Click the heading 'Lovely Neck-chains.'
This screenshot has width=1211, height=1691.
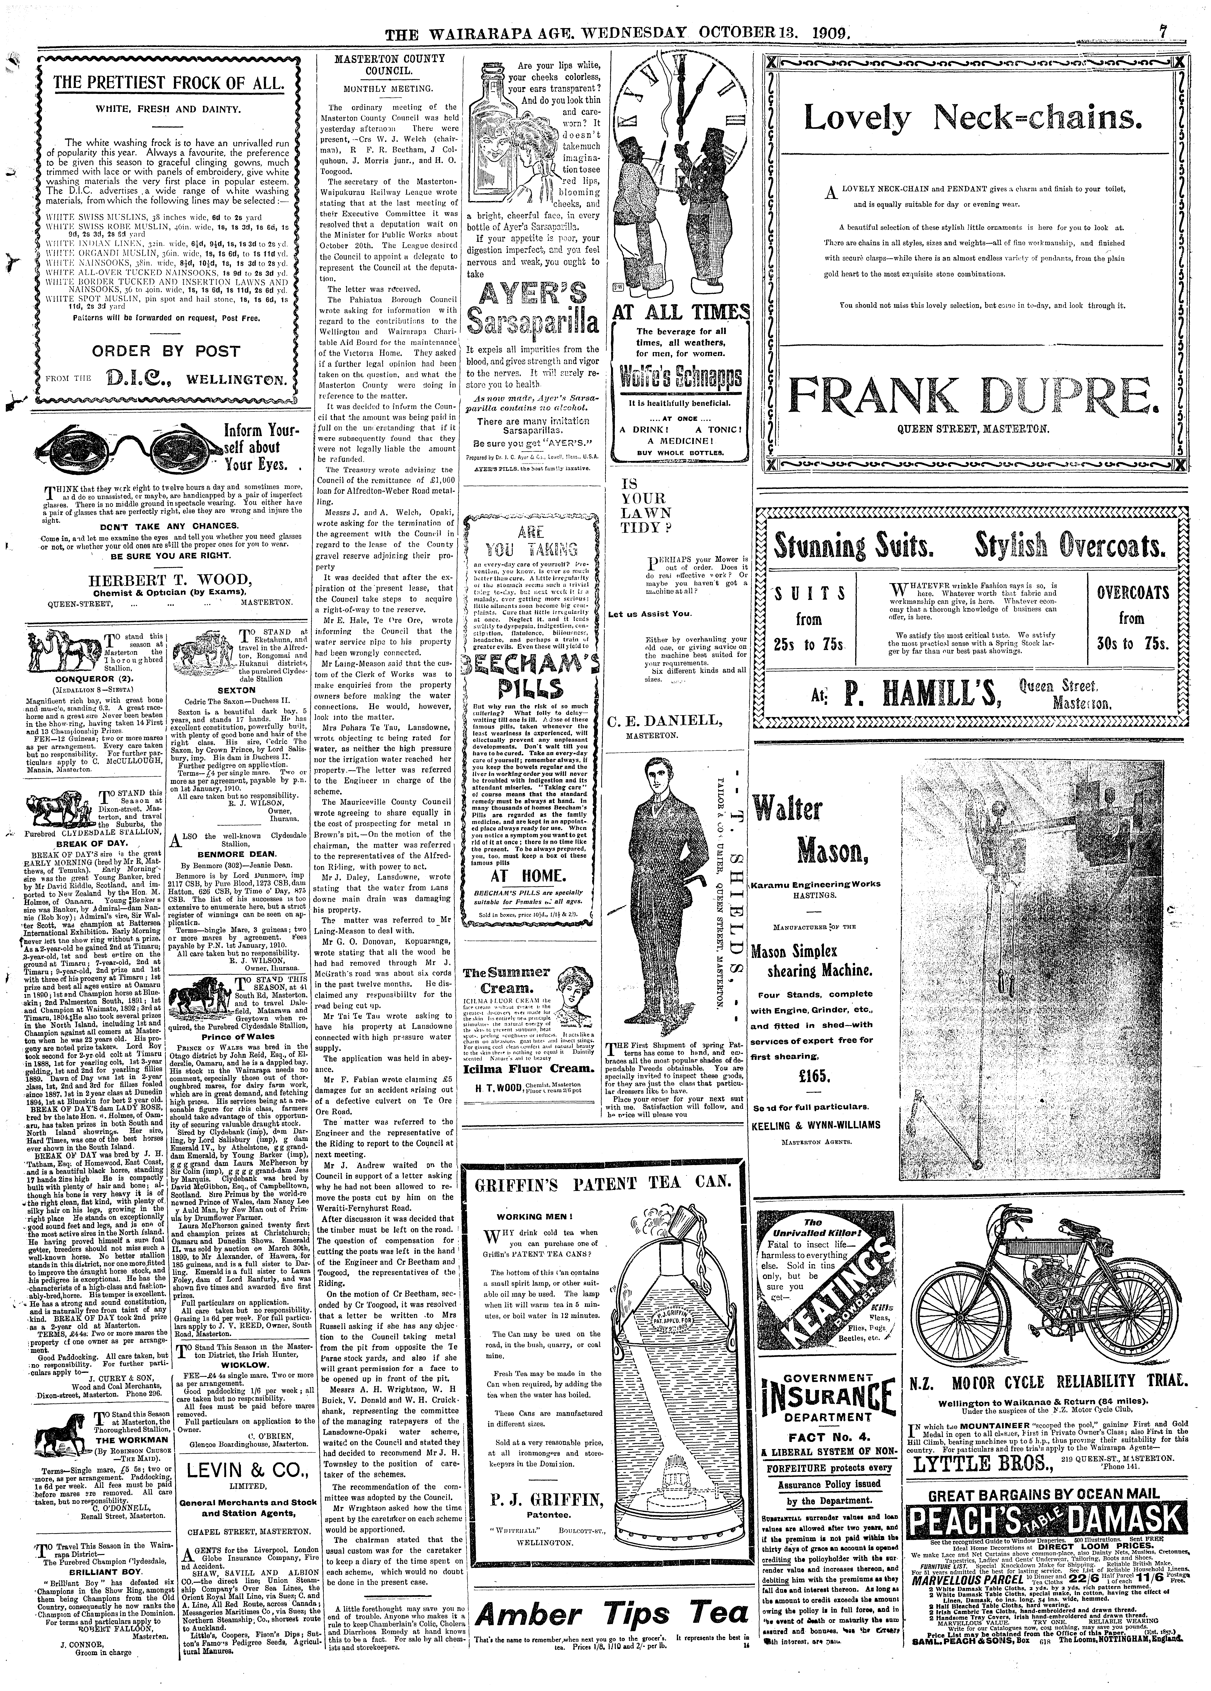pyautogui.click(x=967, y=118)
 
